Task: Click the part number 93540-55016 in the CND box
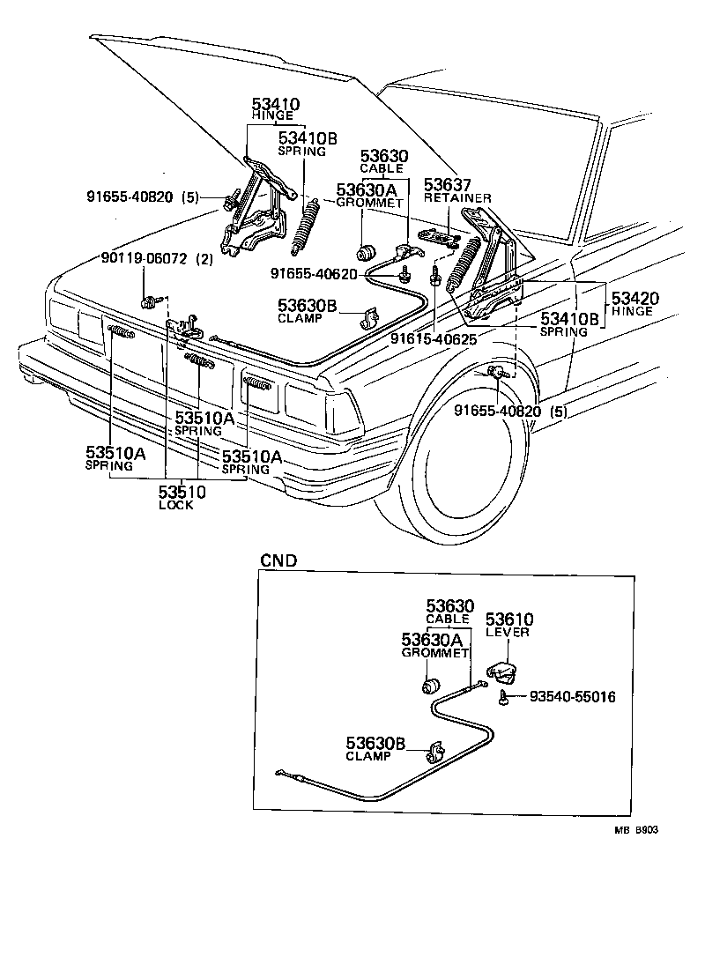571,697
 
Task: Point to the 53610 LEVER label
509,625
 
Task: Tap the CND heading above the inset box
278,560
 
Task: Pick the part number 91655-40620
314,273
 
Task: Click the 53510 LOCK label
182,497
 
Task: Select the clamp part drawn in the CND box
434,753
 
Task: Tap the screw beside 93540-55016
501,698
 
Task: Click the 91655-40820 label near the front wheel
499,411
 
